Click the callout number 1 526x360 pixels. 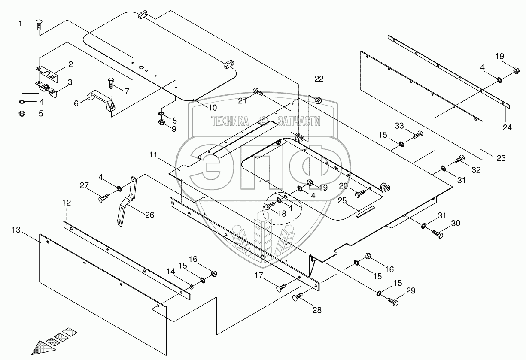20,24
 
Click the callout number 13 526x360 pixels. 15,230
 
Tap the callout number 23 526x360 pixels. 501,158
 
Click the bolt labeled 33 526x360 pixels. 418,136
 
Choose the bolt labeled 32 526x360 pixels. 459,160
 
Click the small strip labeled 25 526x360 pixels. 365,212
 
